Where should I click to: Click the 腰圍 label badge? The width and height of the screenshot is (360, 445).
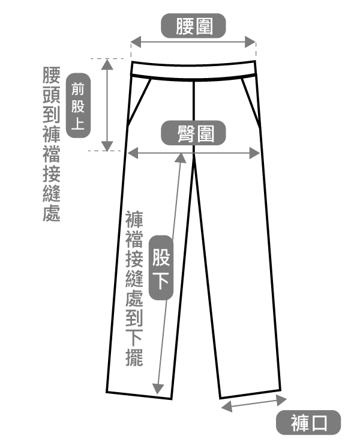(x=194, y=26)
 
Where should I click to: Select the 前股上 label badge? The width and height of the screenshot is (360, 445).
(x=78, y=106)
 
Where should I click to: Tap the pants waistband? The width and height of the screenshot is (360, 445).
(x=194, y=67)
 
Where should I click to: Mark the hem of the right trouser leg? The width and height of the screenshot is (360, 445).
(x=251, y=393)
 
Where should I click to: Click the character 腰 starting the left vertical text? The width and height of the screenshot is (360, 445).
(x=52, y=76)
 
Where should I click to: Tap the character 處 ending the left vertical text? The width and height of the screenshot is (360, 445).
(x=52, y=213)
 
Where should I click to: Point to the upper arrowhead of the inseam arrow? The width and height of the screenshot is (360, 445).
(x=180, y=157)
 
